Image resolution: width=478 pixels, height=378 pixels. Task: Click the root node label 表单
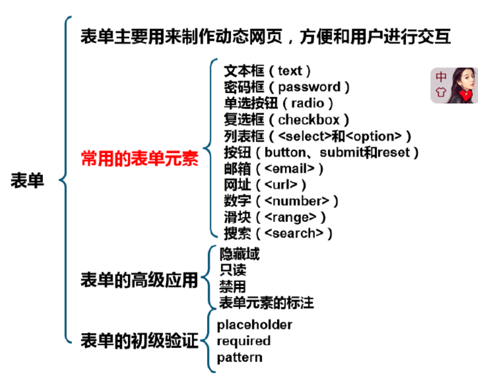pyautogui.click(x=27, y=181)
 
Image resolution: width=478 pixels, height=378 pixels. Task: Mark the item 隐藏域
pyautogui.click(x=239, y=254)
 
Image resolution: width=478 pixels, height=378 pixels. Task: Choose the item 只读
pyautogui.click(x=232, y=270)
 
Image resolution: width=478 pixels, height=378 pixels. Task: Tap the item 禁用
pyautogui.click(x=232, y=287)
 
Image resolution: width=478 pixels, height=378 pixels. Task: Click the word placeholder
pyautogui.click(x=255, y=324)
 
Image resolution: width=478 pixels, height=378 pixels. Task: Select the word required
pyautogui.click(x=243, y=341)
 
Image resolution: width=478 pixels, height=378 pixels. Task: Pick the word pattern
pyautogui.click(x=239, y=357)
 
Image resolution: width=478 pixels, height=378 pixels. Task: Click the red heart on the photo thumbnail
pyautogui.click(x=465, y=96)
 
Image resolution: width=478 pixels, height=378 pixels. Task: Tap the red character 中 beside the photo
pyautogui.click(x=441, y=77)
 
